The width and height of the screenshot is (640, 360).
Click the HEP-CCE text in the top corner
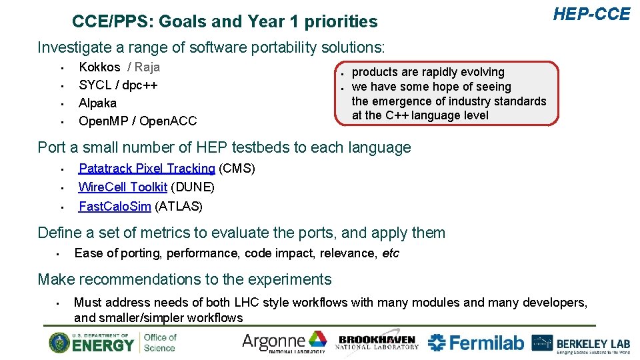591,14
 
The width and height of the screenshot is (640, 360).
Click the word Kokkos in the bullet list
99,67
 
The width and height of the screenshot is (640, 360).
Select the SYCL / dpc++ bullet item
118,85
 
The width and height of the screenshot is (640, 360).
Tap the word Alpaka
97,103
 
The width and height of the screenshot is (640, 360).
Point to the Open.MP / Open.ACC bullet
137,121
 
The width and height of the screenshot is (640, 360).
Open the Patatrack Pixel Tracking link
147,169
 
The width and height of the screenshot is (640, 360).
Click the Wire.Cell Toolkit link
123,187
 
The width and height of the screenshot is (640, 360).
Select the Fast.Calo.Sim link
115,206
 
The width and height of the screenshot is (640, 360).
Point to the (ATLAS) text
178,206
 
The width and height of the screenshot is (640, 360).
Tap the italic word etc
390,253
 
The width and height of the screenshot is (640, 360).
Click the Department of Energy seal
59,343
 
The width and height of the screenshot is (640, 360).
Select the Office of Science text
160,343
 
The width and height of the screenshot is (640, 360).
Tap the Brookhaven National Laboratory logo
378,343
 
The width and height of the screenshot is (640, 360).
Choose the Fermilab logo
475,343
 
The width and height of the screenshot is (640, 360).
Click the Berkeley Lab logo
581,343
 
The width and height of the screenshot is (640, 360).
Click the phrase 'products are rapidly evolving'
428,72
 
